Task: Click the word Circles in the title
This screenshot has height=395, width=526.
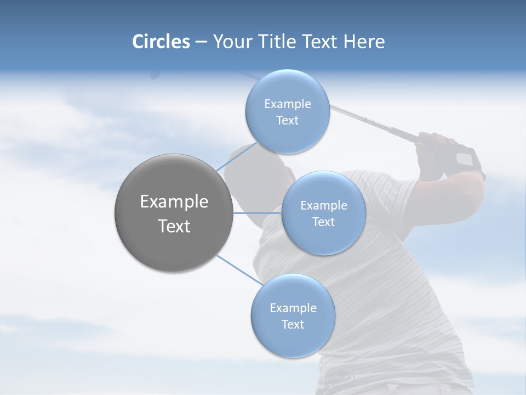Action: click(161, 42)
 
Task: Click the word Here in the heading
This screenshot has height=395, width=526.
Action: click(364, 42)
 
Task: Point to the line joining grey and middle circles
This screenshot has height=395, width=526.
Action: click(258, 213)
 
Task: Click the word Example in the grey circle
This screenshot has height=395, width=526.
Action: click(174, 202)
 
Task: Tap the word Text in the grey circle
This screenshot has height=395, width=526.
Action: click(174, 226)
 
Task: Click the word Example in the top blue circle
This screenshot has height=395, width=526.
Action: click(288, 104)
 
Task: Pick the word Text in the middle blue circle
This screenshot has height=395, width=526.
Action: click(323, 222)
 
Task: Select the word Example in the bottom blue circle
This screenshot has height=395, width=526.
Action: click(293, 308)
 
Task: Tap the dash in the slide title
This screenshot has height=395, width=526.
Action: click(201, 42)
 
